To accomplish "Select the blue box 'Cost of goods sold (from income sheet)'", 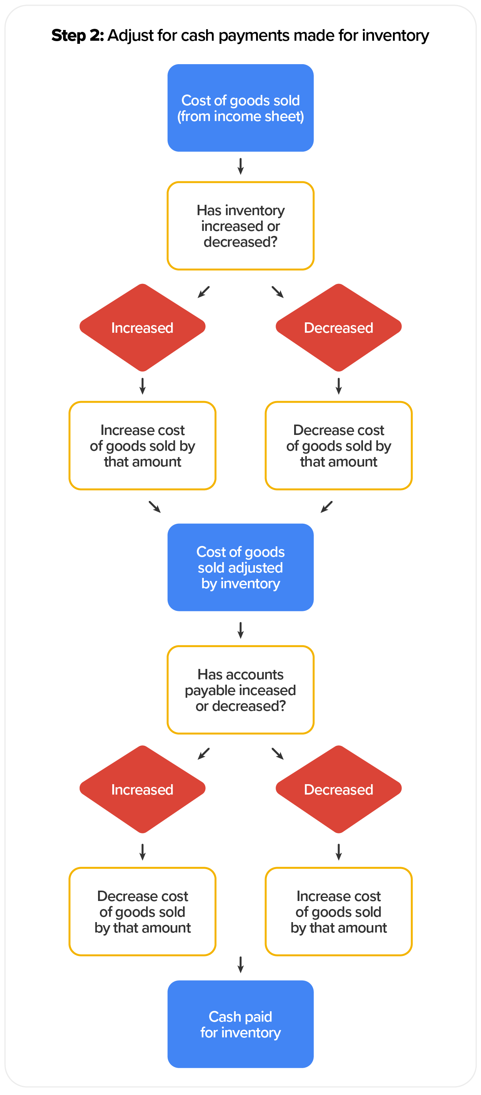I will tap(240, 108).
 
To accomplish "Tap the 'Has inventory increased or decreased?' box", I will tap(240, 226).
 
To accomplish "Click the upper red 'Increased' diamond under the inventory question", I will tap(143, 327).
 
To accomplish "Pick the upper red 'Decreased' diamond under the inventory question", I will tap(338, 327).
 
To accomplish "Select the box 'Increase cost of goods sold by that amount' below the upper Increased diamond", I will tap(143, 445).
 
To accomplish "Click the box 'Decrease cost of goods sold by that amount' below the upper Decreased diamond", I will tap(338, 445).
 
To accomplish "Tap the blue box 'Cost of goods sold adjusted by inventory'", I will tap(240, 567).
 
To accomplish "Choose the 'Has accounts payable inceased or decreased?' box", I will tap(240, 690).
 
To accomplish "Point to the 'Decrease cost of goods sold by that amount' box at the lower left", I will tap(143, 911).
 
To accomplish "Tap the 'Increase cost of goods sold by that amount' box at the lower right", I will tap(338, 911).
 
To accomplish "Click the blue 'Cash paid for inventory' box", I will tap(240, 1024).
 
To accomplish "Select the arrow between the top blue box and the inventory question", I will tap(240, 166).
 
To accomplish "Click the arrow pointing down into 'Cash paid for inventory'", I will tap(240, 964).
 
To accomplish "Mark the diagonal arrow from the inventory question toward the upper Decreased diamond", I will tap(277, 292).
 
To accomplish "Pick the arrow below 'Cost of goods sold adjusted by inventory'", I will tap(240, 630).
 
